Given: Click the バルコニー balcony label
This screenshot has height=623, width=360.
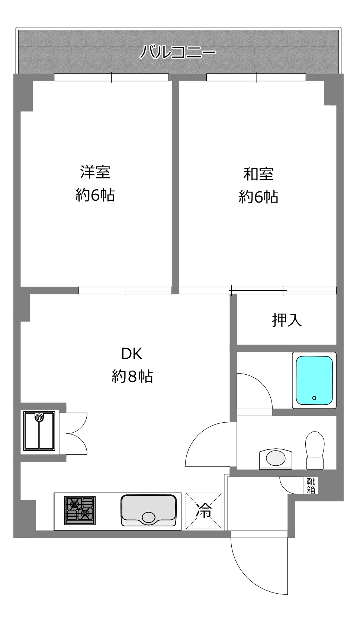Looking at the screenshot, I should click(177, 52).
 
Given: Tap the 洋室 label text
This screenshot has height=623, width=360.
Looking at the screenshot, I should click(95, 172).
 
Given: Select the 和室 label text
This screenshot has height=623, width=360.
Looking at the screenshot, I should click(258, 174).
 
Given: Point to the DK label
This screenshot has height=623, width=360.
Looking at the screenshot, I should click(132, 354).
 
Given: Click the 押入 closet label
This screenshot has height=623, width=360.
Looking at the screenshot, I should click(287, 320).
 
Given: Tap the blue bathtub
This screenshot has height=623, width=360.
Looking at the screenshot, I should click(314, 380).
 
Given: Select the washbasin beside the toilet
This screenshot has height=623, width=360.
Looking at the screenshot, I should click(276, 458).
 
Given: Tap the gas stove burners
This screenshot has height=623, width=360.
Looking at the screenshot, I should click(80, 510).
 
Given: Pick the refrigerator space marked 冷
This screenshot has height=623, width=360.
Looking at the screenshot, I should click(204, 511).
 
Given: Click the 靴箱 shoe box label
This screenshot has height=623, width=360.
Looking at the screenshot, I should click(311, 485).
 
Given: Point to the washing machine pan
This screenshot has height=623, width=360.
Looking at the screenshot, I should click(39, 431).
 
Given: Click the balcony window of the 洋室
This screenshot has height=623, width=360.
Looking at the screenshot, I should click(112, 77).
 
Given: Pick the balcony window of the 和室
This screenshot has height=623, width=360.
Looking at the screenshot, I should click(256, 77).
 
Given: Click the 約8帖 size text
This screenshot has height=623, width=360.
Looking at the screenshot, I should click(132, 377).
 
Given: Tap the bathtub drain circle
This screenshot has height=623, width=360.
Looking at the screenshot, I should click(314, 398).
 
